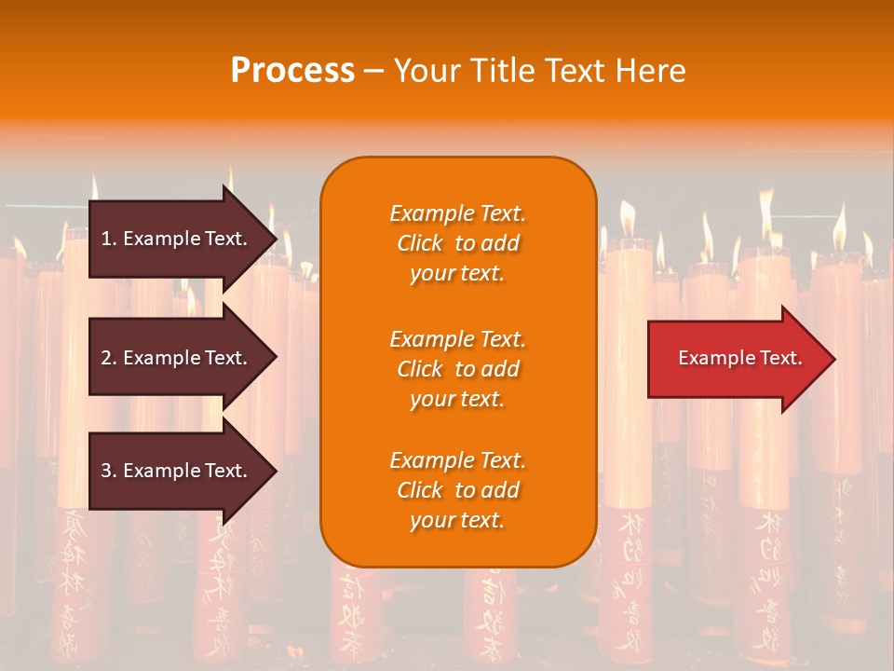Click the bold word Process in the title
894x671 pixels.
pyautogui.click(x=292, y=71)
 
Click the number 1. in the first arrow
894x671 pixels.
pyautogui.click(x=108, y=239)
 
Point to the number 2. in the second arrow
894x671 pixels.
pyautogui.click(x=108, y=358)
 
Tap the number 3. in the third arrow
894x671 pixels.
pyautogui.click(x=108, y=471)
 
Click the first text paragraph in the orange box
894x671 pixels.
pyautogui.click(x=457, y=243)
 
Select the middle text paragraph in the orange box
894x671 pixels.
pyautogui.click(x=457, y=369)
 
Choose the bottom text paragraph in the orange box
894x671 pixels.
pyautogui.click(x=457, y=490)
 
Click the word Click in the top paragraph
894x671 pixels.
pyautogui.click(x=420, y=243)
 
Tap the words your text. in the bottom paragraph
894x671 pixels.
pyautogui.click(x=457, y=521)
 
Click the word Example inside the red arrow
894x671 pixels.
pyautogui.click(x=709, y=358)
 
